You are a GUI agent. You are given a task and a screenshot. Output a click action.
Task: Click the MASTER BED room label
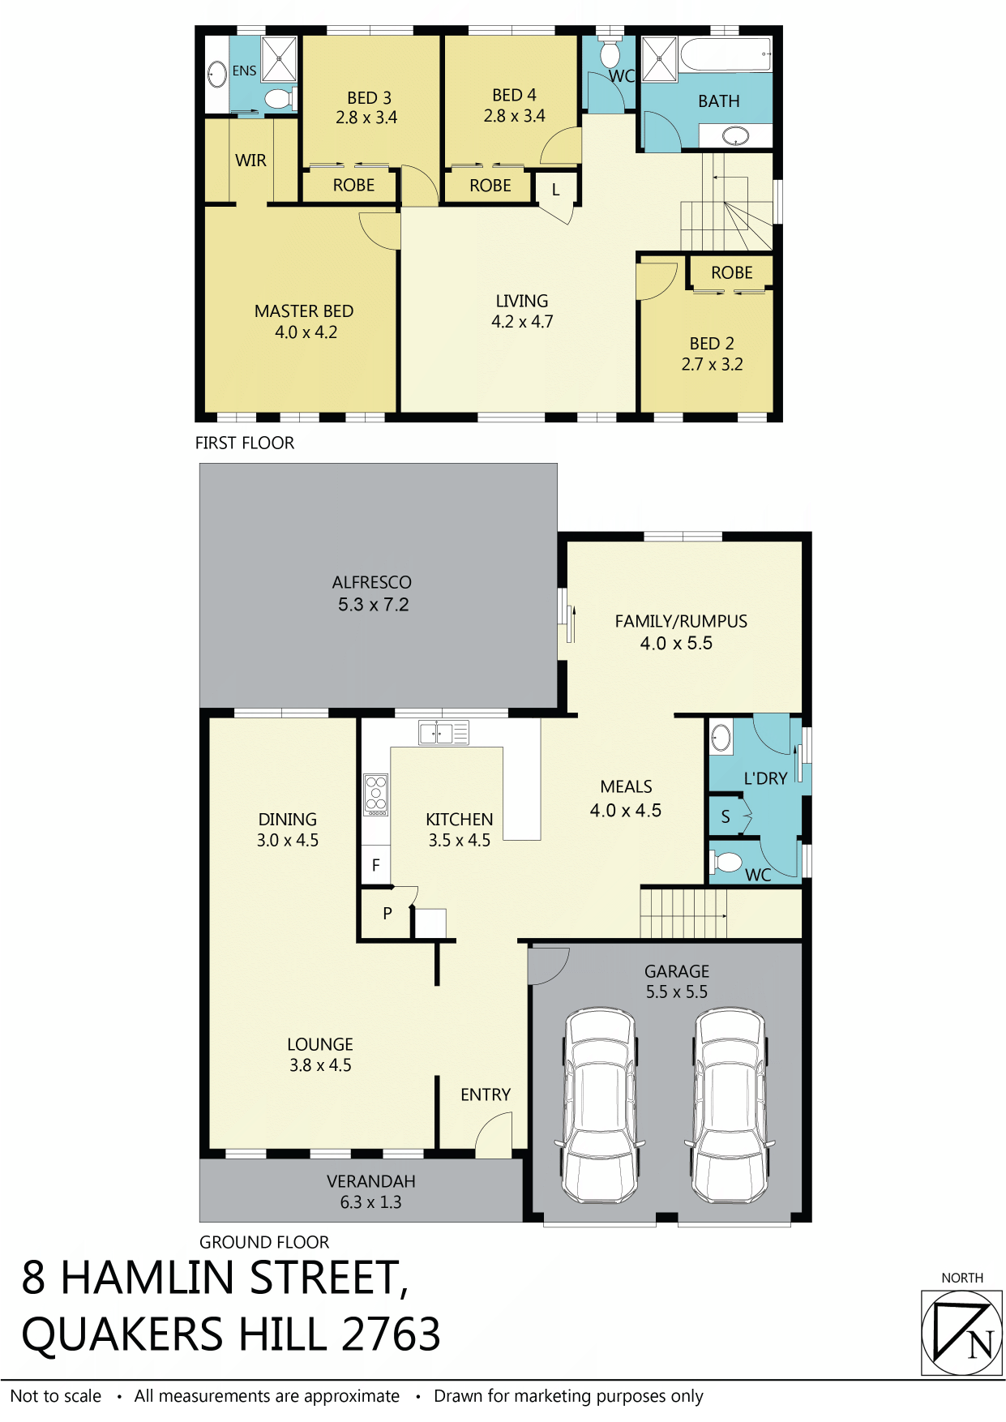304,311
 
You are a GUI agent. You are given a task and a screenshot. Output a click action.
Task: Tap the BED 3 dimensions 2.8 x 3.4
366,118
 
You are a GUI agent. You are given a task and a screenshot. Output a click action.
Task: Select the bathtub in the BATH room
726,55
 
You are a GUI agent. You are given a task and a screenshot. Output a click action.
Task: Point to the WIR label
250,161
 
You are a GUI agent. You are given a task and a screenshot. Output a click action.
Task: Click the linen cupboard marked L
555,190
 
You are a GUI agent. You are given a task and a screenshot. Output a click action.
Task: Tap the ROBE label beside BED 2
732,272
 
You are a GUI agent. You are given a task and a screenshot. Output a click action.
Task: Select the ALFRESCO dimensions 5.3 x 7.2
374,605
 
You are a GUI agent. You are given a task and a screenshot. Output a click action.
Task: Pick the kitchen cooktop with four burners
376,795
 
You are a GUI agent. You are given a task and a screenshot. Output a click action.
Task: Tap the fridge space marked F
375,865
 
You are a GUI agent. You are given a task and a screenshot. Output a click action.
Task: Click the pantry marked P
387,914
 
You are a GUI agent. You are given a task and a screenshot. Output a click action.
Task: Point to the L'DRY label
765,779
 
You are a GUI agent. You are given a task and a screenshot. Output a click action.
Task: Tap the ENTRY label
486,1095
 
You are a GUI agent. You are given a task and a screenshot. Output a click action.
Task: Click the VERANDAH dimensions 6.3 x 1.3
370,1202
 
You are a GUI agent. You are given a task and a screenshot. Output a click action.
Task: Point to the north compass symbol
962,1334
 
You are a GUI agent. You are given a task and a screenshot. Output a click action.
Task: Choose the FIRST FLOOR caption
245,443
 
